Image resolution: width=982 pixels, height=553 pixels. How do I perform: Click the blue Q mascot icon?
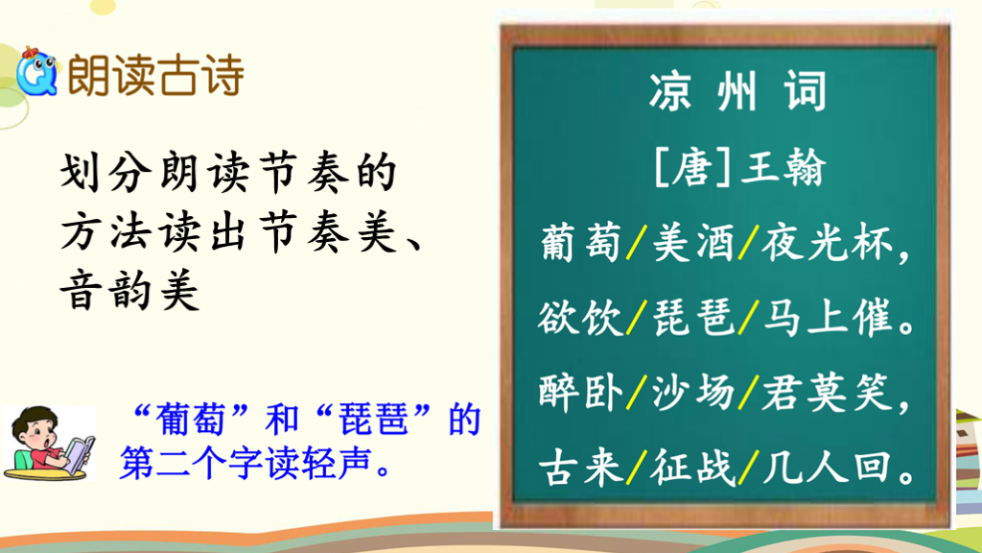click(36, 72)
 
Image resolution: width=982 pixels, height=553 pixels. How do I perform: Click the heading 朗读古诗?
click(155, 75)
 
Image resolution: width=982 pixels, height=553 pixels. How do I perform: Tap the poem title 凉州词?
click(737, 91)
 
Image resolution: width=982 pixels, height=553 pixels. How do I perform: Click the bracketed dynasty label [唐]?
click(692, 167)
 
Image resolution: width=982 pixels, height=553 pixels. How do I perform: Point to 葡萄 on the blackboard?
click(580, 243)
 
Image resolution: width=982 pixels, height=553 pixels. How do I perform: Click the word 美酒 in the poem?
click(692, 243)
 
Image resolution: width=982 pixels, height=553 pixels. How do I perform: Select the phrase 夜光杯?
click(827, 243)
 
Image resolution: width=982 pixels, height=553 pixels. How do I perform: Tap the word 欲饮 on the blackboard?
click(580, 317)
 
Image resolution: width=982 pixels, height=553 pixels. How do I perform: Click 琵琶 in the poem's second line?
click(692, 317)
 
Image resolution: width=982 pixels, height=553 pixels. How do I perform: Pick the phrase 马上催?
click(827, 317)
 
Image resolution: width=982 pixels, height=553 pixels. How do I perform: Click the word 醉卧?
click(580, 393)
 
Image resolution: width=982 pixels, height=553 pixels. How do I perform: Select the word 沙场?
click(692, 393)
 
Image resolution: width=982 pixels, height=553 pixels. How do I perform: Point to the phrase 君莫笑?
click(827, 393)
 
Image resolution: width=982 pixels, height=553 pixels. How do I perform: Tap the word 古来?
click(580, 468)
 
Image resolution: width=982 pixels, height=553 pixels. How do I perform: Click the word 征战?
click(692, 468)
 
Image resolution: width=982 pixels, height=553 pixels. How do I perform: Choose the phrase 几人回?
click(827, 468)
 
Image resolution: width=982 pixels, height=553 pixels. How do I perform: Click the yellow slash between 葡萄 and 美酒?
click(637, 243)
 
